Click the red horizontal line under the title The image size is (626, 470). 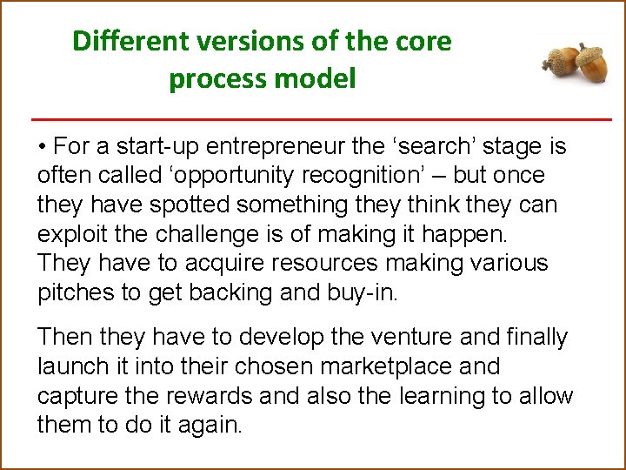click(322, 118)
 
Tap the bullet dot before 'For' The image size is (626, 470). click(42, 146)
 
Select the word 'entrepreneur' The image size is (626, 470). click(240, 146)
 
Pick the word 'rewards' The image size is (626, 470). click(213, 396)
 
